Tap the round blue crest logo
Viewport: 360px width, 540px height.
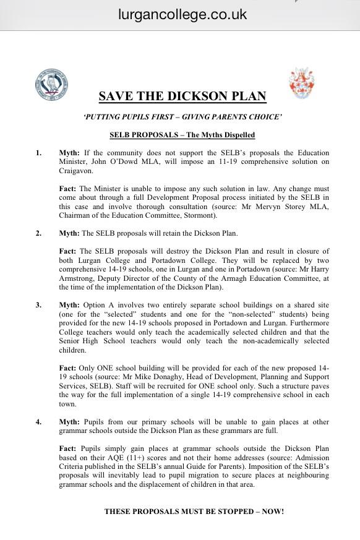pyautogui.click(x=51, y=85)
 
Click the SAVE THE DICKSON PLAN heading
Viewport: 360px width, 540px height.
pyautogui.click(x=182, y=96)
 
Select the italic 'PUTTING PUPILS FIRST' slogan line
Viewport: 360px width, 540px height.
pyautogui.click(x=182, y=117)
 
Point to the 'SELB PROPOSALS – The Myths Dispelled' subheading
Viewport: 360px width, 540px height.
pyautogui.click(x=182, y=135)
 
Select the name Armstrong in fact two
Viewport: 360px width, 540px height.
pyautogui.click(x=76, y=278)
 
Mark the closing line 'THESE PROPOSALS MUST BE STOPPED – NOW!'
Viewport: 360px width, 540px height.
pyautogui.click(x=194, y=512)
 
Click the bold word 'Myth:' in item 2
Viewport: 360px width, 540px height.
pyautogui.click(x=69, y=233)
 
